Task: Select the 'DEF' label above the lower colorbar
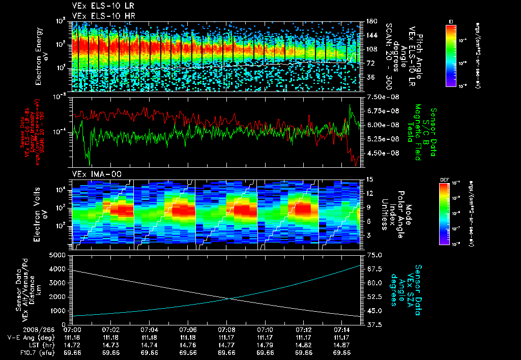pyautogui.click(x=444, y=179)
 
